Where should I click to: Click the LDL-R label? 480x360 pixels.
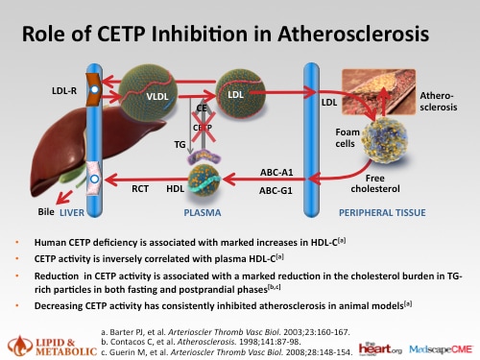click(x=63, y=91)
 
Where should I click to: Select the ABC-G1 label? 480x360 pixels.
click(x=276, y=190)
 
